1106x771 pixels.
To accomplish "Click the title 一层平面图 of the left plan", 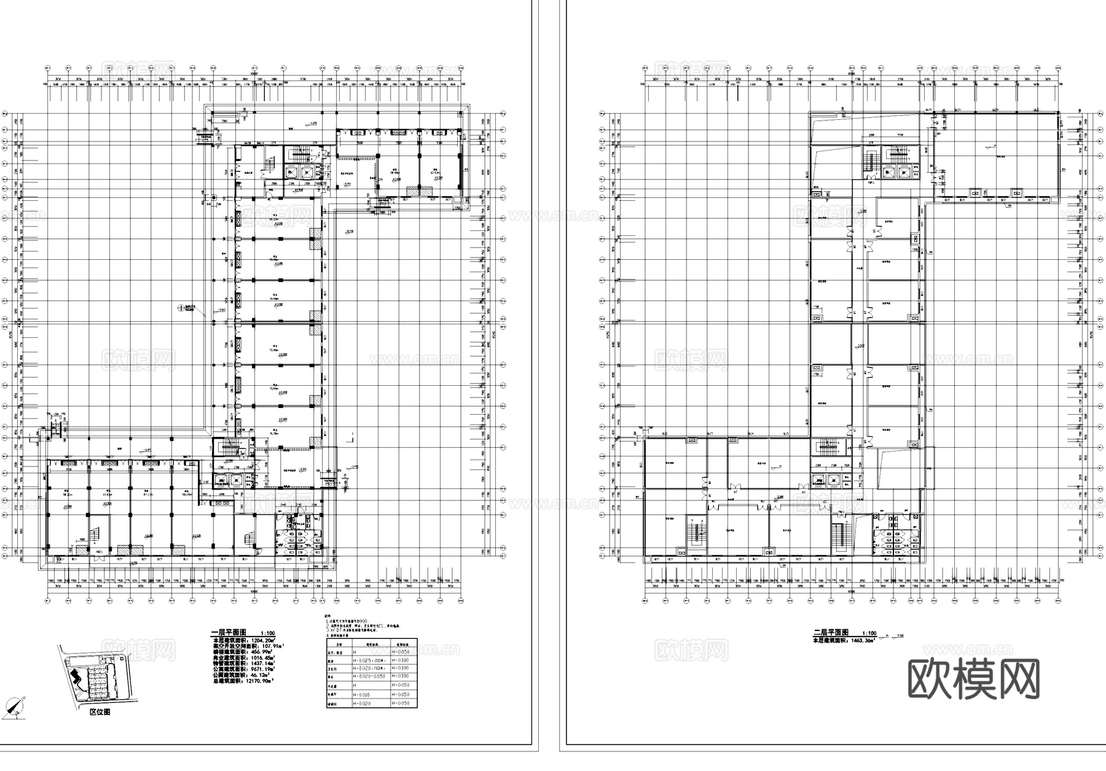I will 229,632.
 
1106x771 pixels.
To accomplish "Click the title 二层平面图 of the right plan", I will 830,632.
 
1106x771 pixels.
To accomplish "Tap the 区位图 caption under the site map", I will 100,712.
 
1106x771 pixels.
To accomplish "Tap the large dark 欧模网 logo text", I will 973,679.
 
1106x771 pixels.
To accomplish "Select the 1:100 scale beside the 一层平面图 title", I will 268,633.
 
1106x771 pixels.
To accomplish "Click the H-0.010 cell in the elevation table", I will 363,694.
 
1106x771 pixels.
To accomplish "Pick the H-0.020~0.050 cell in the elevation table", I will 369,676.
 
